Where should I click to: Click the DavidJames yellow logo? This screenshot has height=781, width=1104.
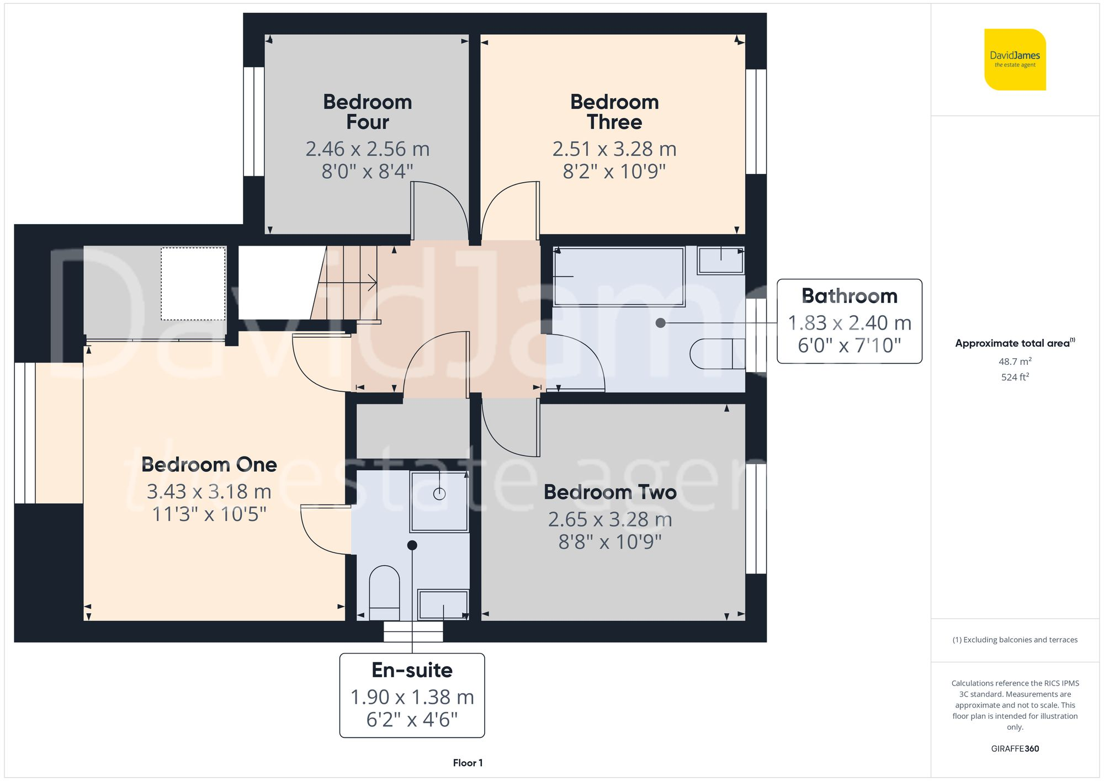click(1015, 60)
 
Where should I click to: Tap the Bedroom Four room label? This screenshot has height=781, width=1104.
click(367, 111)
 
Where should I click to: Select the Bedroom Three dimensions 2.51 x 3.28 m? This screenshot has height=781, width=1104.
click(614, 149)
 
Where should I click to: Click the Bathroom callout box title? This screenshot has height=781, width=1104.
click(849, 296)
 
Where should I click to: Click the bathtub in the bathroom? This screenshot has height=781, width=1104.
click(619, 277)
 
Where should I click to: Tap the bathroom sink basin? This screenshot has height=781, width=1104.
click(720, 260)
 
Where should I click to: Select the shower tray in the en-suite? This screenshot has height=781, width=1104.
click(439, 501)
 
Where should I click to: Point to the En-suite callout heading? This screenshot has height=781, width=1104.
click(412, 670)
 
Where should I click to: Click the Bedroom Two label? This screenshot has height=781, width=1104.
click(610, 492)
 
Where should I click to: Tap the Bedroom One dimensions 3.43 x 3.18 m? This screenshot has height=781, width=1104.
click(209, 491)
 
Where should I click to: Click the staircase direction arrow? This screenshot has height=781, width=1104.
click(371, 283)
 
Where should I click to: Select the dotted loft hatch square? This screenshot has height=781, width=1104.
click(193, 284)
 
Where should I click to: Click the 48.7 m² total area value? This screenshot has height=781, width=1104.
click(1015, 362)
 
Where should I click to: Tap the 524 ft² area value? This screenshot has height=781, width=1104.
click(1015, 377)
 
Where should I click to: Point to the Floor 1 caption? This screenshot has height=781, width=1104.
click(468, 763)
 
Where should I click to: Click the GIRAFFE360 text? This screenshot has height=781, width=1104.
click(1015, 748)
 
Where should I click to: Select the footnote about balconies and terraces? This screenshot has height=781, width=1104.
click(1015, 640)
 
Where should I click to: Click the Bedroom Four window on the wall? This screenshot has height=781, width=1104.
click(254, 121)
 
